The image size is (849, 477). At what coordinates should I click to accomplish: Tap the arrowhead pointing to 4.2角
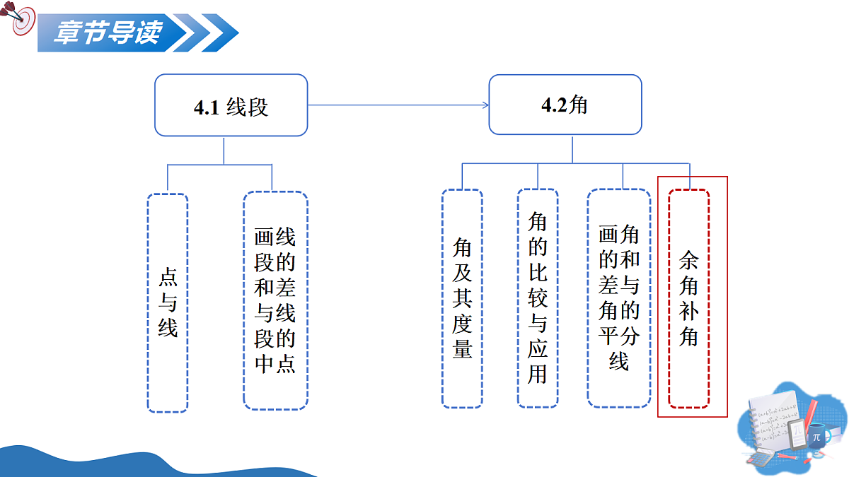[x=485, y=105]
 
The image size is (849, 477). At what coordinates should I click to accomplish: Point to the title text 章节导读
[x=108, y=33]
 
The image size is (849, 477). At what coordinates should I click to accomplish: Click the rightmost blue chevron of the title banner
[x=220, y=33]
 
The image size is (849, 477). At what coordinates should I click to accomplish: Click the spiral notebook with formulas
[x=773, y=420]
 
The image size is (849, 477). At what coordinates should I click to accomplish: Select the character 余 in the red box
[x=688, y=260]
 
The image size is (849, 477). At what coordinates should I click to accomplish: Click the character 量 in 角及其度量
[x=462, y=349]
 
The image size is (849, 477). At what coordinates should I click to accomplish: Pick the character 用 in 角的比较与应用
[x=538, y=375]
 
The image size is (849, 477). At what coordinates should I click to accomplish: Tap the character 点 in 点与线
[x=168, y=277]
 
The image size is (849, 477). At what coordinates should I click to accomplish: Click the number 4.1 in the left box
[x=207, y=107]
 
